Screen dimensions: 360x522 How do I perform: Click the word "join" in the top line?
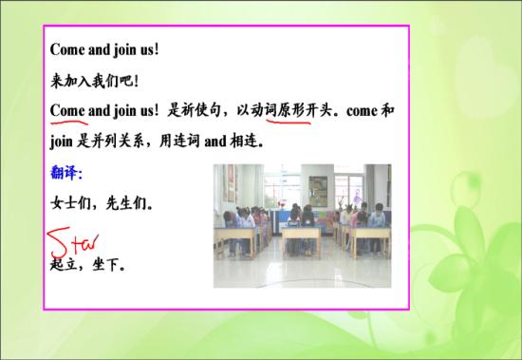[x=124, y=47]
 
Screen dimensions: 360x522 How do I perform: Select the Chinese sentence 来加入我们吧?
[x=91, y=79]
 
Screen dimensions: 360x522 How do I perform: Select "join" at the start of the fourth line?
[x=62, y=142]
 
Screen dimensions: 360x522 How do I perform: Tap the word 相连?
[x=244, y=142]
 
